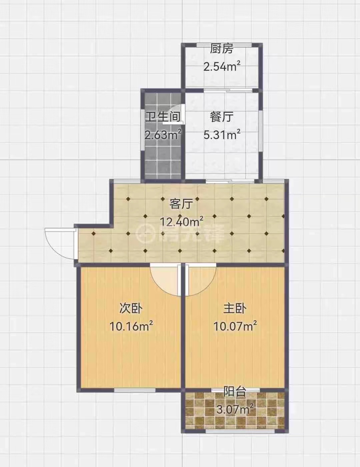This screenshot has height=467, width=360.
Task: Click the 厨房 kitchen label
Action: [x=222, y=49]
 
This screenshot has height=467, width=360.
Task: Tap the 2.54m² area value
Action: [x=222, y=66]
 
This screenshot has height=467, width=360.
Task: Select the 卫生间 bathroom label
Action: [x=163, y=117]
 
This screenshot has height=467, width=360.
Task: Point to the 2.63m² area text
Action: [x=163, y=135]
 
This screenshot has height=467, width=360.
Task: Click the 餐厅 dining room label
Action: [x=222, y=117]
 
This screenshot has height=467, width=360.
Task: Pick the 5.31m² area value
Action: [x=222, y=135]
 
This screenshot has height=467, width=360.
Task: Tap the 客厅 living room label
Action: [x=181, y=204]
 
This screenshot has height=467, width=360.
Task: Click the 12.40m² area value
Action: [x=182, y=221]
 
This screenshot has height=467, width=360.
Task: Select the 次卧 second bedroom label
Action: [x=131, y=309]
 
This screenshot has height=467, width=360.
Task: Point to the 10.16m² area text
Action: [x=131, y=327]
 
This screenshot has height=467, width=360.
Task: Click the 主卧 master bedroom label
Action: [x=235, y=309]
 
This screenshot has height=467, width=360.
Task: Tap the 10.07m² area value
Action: [x=235, y=327]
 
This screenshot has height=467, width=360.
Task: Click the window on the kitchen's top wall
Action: [x=224, y=45]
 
